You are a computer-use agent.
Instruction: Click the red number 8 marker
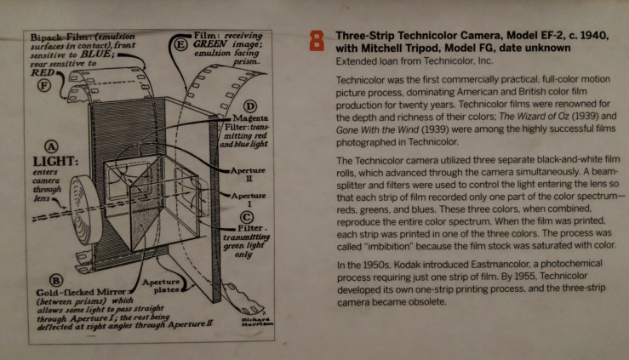317,42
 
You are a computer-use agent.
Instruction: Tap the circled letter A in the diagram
51,146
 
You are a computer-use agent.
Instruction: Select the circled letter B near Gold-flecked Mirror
56,280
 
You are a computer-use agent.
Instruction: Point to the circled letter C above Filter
247,217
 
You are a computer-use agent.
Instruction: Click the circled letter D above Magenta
250,106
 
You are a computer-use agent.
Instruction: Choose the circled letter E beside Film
181,44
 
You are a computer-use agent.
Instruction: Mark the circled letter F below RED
44,85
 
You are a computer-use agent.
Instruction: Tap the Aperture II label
248,174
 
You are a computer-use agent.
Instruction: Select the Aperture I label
249,200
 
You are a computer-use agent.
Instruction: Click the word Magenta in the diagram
250,118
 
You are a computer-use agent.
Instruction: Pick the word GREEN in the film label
210,43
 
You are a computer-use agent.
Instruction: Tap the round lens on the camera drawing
84,209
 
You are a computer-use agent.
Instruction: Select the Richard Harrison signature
258,321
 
